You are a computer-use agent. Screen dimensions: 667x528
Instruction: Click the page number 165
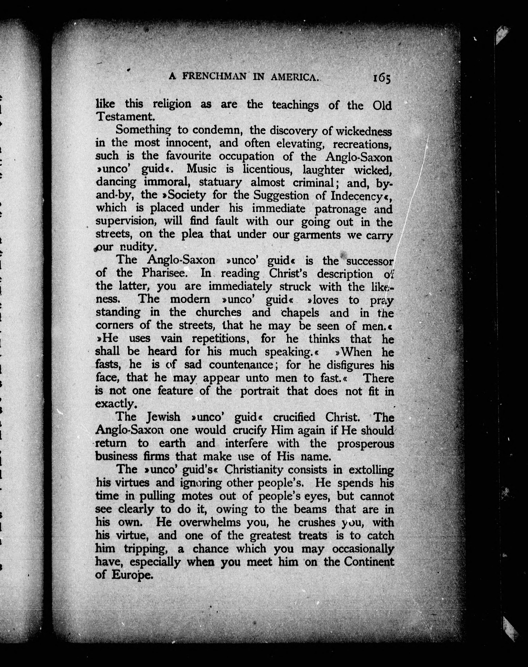382,78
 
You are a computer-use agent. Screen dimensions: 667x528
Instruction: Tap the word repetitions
219,339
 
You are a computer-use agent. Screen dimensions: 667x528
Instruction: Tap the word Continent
369,561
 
